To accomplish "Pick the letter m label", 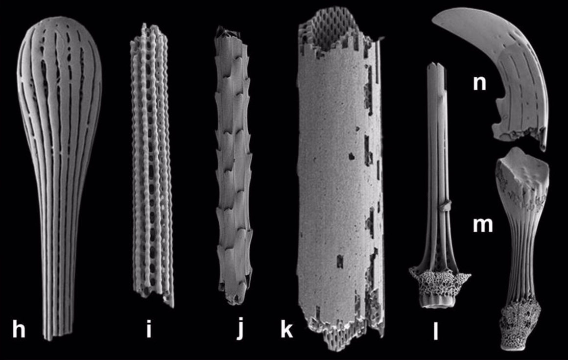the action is point(483,224).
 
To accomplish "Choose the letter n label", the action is point(479,83).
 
